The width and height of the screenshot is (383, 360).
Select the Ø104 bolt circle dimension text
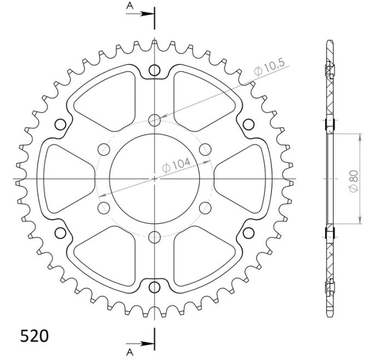(176, 164)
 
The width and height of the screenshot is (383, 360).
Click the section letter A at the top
(129, 5)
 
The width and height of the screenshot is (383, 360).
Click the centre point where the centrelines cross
(155, 179)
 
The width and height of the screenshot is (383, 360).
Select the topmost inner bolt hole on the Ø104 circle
(155, 119)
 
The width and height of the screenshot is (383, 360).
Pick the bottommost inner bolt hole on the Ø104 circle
(155, 237)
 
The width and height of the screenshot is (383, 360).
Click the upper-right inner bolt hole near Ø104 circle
(206, 149)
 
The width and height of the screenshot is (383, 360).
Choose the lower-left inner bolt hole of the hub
(103, 208)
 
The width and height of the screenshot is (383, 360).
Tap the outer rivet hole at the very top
(155, 70)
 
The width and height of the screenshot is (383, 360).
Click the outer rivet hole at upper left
(61, 124)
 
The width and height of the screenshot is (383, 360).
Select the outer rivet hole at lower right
(248, 234)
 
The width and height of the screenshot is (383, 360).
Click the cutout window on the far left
(66, 179)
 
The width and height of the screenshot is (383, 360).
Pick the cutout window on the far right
(243, 179)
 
